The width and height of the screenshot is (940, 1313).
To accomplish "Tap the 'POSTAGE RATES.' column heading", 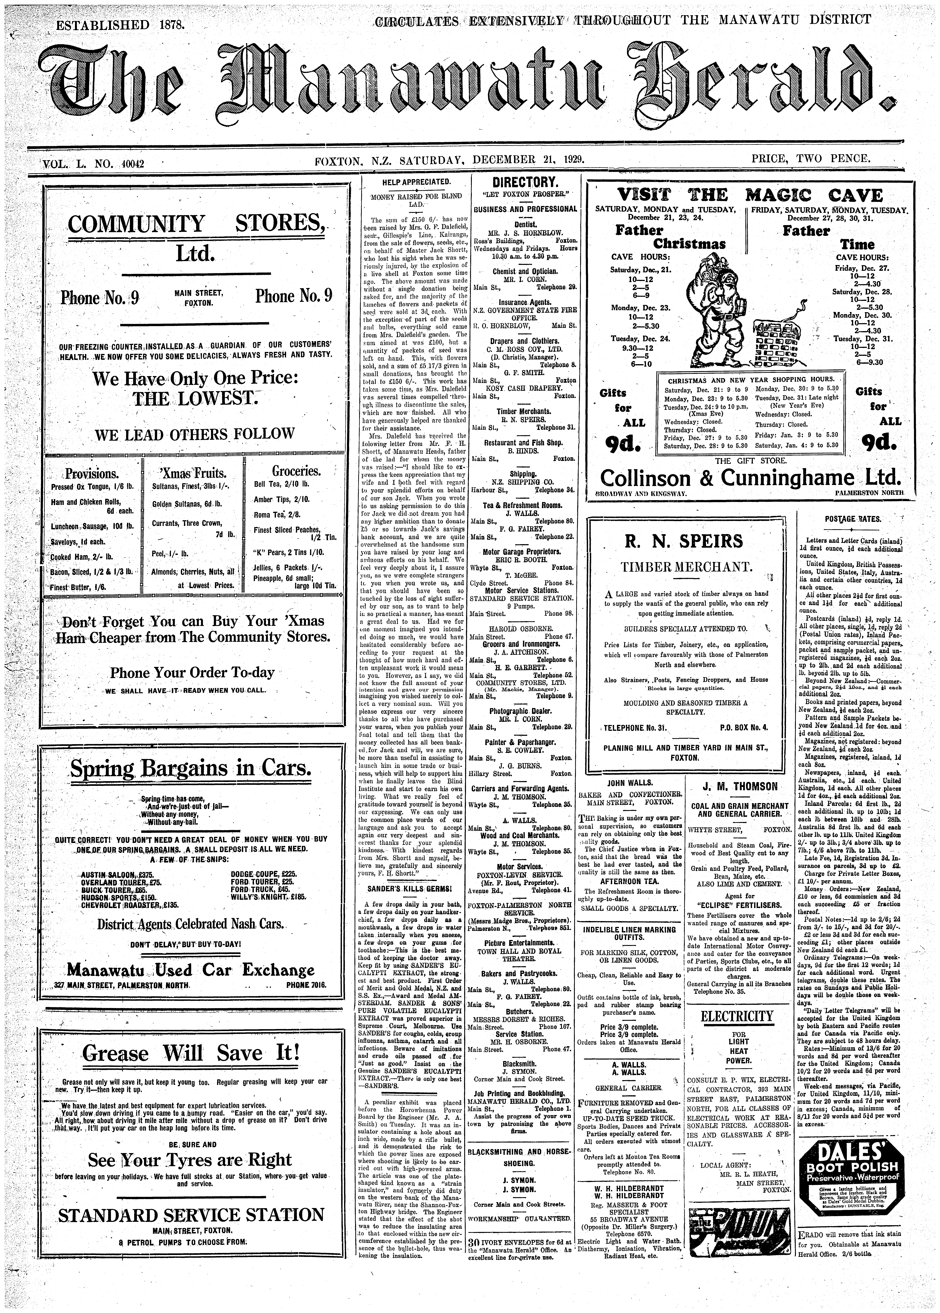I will tap(849, 519).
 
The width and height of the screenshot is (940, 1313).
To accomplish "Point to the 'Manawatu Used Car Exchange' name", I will tap(191, 969).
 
